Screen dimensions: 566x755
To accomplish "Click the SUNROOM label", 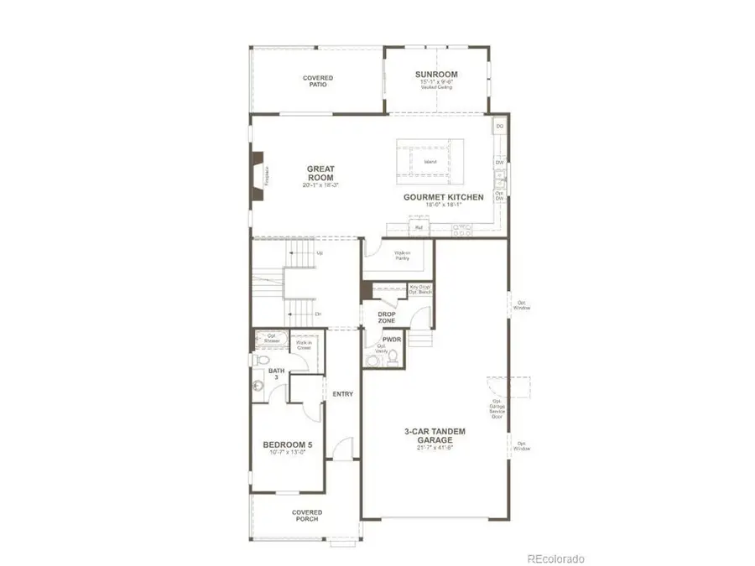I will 436,75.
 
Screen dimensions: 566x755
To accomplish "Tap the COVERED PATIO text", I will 318,81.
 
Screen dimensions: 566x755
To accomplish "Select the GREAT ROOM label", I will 320,174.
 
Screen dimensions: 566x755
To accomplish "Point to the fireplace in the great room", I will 258,177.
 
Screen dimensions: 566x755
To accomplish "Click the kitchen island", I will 430,161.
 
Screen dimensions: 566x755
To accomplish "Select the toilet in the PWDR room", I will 392,357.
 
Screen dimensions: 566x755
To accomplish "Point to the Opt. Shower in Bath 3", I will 271,340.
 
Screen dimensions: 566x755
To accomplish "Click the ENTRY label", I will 342,394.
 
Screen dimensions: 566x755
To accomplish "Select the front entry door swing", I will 343,448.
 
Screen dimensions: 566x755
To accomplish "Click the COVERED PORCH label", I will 307,516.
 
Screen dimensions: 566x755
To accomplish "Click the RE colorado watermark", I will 555,558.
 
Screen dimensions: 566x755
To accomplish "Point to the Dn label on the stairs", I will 318,314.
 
